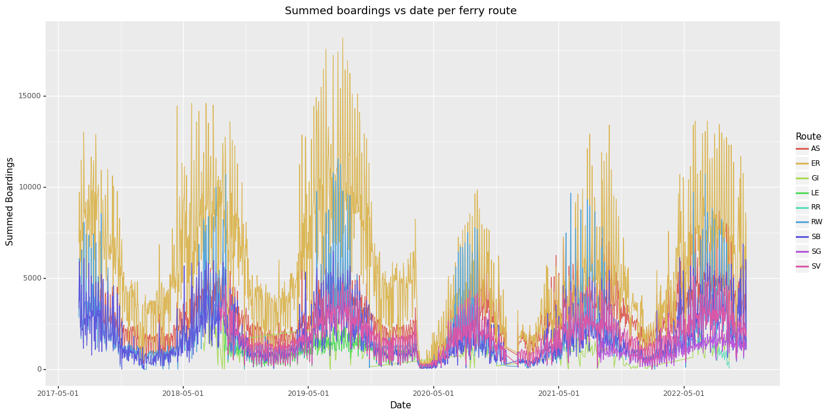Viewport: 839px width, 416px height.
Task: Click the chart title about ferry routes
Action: pos(400,11)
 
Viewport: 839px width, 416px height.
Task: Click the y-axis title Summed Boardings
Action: pos(10,201)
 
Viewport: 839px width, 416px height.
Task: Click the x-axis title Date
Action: pos(400,405)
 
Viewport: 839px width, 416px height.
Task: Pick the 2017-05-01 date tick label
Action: pos(58,393)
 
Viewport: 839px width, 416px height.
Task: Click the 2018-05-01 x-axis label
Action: pos(183,393)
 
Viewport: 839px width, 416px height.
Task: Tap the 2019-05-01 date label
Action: pos(308,393)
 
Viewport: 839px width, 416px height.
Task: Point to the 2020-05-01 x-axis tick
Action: pos(433,393)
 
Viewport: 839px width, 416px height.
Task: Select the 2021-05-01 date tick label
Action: pos(558,393)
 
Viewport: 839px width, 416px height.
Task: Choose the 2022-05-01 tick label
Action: pos(683,393)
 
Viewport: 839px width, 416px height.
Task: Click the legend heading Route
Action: pos(808,137)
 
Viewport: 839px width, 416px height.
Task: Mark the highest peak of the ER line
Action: pos(342,38)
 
